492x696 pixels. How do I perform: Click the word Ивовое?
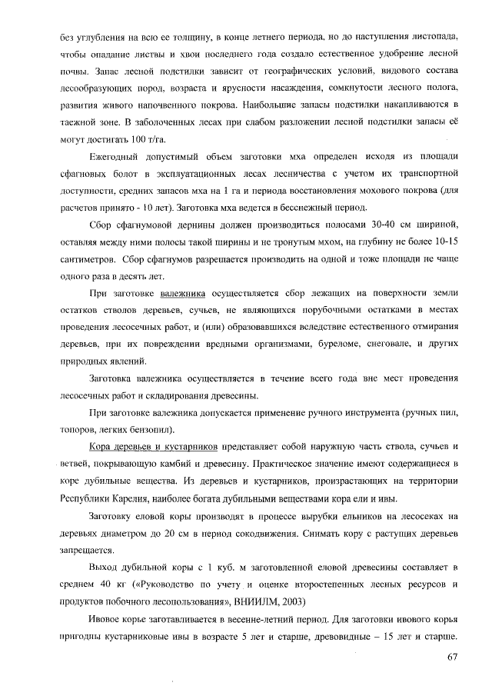(107, 618)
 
